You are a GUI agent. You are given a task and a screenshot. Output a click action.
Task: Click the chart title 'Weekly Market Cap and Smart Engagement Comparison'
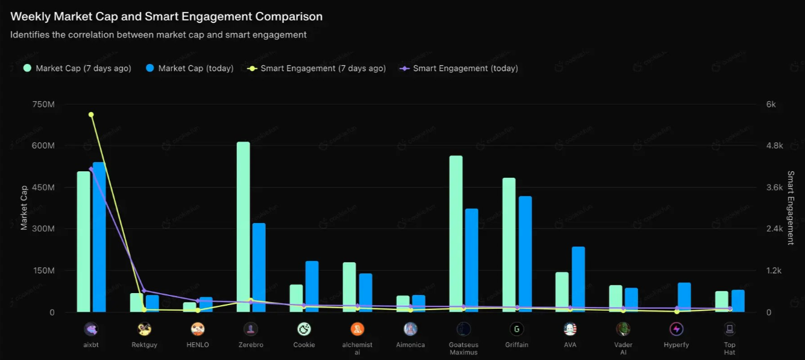[166, 16]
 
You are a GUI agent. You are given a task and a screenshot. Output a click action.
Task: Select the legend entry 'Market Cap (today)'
[190, 68]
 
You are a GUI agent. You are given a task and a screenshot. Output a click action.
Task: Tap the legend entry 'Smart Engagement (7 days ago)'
[317, 68]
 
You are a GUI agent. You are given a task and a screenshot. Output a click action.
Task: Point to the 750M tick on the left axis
[43, 104]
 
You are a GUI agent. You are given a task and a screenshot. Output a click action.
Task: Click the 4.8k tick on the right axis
[774, 145]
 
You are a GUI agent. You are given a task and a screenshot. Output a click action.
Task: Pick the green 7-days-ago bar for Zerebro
[243, 227]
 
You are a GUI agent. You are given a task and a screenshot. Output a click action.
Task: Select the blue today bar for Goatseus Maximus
[472, 260]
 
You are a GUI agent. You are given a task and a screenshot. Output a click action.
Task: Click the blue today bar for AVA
[578, 279]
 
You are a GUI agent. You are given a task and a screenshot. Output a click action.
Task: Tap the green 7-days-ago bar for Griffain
[509, 245]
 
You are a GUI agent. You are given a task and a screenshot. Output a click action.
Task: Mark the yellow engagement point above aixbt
[91, 115]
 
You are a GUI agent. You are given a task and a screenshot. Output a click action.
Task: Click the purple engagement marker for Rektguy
[144, 291]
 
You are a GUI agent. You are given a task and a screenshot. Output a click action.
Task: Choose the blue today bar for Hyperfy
[684, 297]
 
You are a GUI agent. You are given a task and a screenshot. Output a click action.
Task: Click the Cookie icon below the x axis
[304, 329]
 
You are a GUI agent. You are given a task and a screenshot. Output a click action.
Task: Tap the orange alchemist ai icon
[357, 329]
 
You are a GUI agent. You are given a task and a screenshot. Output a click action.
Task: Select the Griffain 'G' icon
[517, 329]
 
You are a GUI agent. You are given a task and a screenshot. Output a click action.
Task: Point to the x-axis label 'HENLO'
[198, 345]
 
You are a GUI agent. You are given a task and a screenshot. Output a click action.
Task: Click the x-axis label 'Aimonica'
[411, 345]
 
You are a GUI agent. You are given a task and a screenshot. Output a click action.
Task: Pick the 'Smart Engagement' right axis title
[791, 207]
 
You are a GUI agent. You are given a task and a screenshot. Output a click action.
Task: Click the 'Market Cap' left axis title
[24, 207]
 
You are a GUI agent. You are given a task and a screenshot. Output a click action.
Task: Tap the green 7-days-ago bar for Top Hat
[722, 302]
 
